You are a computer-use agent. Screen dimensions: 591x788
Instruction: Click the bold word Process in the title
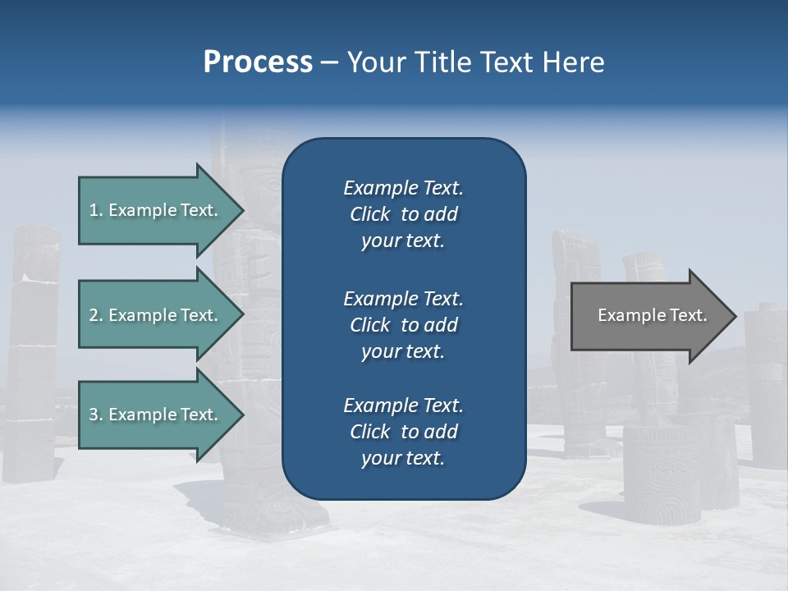[x=258, y=62]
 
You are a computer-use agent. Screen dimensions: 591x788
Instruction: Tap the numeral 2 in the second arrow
[x=94, y=315]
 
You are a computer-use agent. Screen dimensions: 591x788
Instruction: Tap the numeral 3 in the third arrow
[x=94, y=415]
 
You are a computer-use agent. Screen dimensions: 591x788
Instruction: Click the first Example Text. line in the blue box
[x=403, y=188]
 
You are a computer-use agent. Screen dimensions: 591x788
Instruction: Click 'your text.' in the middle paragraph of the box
[x=403, y=351]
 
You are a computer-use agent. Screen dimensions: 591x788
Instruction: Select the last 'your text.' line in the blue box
[x=403, y=459]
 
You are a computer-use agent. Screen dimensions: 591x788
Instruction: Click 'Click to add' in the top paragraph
[x=403, y=214]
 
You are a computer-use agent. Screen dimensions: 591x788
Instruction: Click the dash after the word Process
[x=329, y=62]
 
